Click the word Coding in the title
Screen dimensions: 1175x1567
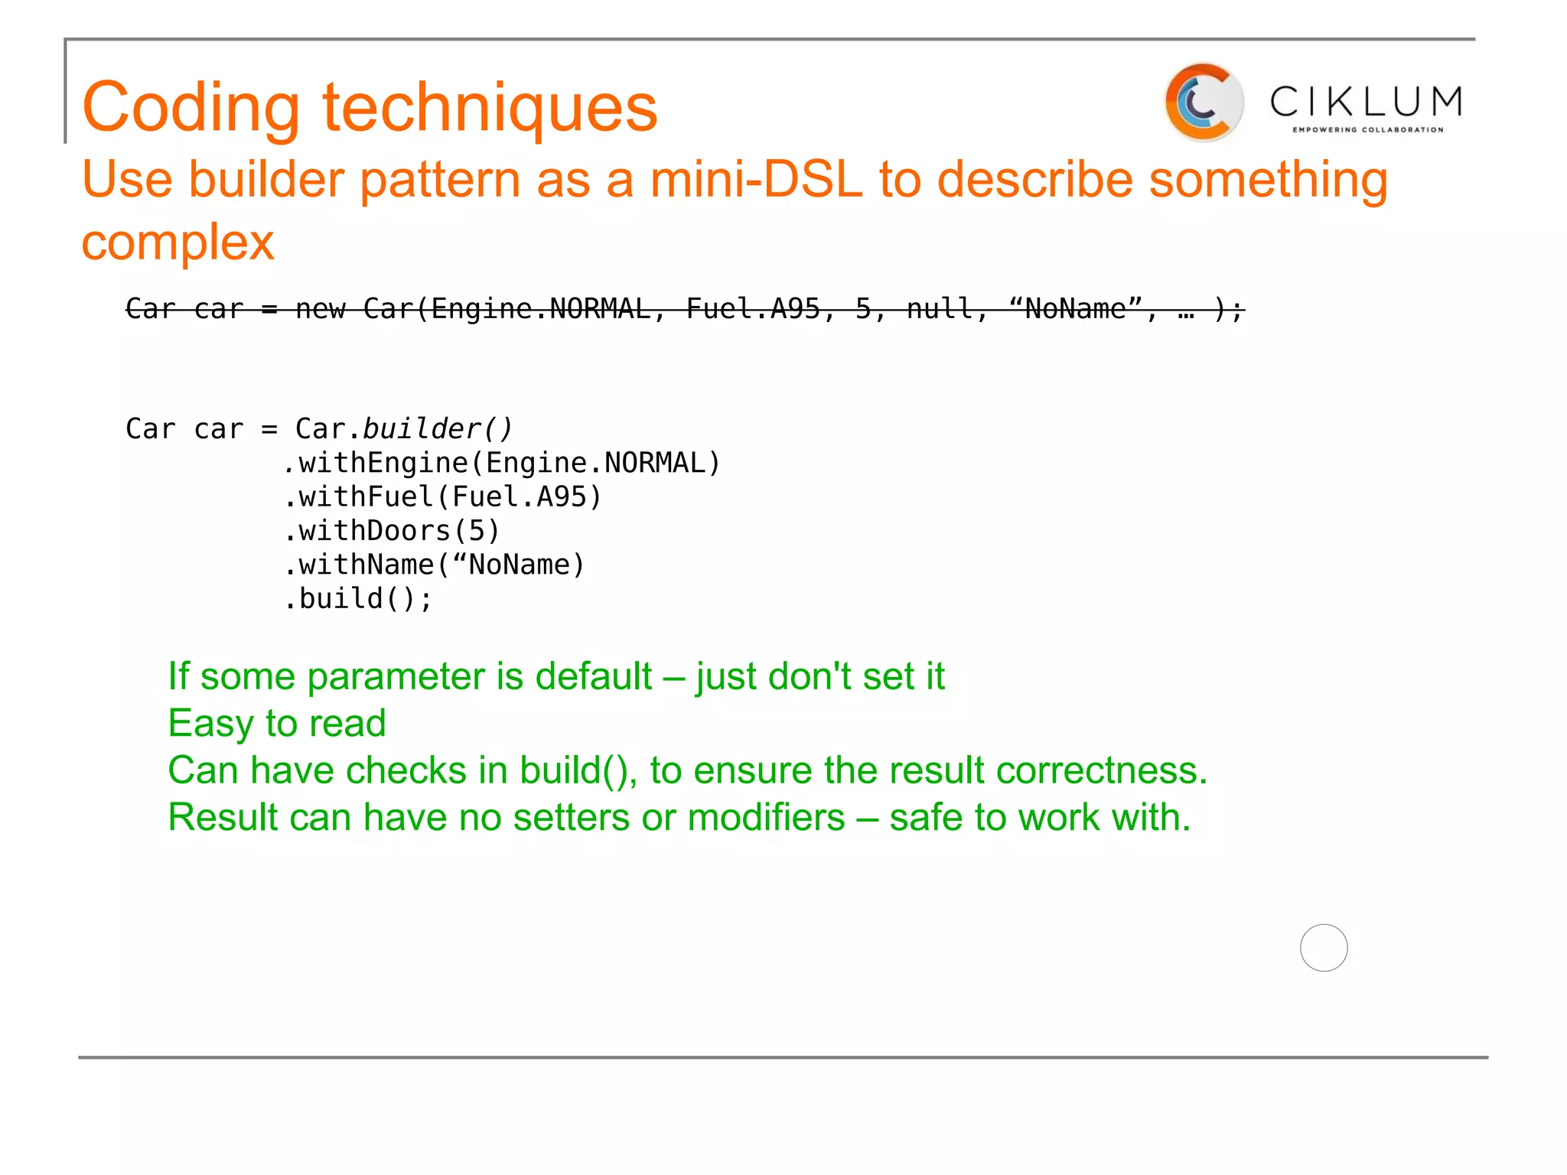[x=191, y=107]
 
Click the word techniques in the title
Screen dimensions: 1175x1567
[x=490, y=107]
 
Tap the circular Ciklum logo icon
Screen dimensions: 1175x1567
[x=1203, y=103]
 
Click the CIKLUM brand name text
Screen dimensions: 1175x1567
[x=1367, y=102]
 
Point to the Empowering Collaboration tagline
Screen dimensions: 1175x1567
[x=1368, y=130]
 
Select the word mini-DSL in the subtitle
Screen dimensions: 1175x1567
[x=756, y=180]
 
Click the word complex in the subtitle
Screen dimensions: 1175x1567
[x=178, y=242]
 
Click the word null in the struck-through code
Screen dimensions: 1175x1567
[x=940, y=309]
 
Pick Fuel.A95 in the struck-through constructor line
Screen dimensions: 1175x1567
[x=753, y=309]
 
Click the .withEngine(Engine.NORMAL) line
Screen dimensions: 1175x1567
[x=502, y=464]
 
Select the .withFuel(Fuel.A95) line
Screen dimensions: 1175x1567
[x=443, y=497]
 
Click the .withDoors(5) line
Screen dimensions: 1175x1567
[x=392, y=531]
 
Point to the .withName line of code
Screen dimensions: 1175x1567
[x=434, y=565]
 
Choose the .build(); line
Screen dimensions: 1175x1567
[x=358, y=599]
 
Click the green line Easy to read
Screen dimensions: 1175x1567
[x=277, y=724]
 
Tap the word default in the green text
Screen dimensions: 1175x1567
[x=593, y=677]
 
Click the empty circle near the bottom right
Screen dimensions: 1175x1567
[x=1324, y=948]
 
